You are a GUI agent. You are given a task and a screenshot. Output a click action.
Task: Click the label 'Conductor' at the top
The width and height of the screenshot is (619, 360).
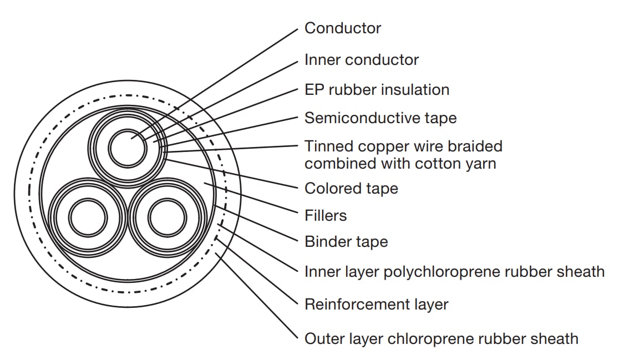tap(343, 28)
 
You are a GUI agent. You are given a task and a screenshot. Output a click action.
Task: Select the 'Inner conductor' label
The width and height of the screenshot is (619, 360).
tap(361, 59)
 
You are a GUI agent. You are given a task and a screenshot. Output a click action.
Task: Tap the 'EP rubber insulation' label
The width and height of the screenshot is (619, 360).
tap(377, 90)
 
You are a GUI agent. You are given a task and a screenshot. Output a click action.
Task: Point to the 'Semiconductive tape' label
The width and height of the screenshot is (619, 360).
tap(380, 118)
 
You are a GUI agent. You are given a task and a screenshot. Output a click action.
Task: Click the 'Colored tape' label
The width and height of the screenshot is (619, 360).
tap(351, 188)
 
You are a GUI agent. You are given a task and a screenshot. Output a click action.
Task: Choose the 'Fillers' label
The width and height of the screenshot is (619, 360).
tap(326, 216)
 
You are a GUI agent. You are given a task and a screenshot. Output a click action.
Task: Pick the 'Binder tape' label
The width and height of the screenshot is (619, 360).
tap(346, 242)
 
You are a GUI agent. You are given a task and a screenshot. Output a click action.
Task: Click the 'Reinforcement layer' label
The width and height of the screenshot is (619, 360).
tap(377, 305)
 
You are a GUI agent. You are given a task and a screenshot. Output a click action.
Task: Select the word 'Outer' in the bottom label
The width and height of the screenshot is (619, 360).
tap(322, 339)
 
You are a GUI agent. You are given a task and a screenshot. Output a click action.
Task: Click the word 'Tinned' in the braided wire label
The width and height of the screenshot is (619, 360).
tap(329, 146)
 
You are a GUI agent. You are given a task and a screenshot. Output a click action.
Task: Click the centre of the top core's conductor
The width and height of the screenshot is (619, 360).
tap(128, 149)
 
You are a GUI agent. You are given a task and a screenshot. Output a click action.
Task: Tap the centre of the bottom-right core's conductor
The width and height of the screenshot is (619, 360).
tap(168, 218)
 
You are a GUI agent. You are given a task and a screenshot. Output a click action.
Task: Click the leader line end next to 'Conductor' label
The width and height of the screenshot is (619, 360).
tap(297, 29)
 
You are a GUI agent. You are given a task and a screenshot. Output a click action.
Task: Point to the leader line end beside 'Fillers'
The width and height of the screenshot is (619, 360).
tap(297, 213)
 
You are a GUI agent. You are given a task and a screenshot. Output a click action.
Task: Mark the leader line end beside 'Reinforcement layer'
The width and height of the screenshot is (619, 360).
tap(297, 305)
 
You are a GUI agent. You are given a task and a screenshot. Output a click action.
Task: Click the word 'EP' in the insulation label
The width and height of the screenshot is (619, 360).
tap(314, 90)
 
